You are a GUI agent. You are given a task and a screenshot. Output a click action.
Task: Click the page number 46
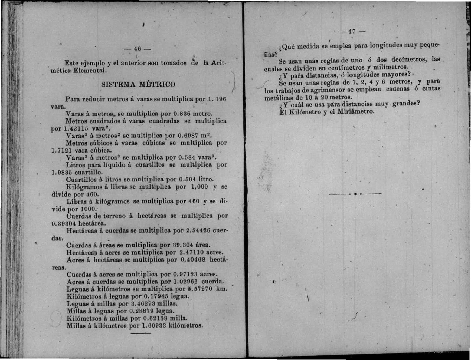click(137, 49)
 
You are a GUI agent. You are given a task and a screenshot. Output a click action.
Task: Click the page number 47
click(352, 31)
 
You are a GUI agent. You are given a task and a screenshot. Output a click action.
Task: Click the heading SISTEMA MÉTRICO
click(138, 84)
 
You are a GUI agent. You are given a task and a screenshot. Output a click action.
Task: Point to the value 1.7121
click(61, 150)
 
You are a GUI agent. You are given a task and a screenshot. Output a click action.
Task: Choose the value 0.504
click(188, 179)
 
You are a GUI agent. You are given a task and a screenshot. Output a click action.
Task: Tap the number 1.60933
click(154, 325)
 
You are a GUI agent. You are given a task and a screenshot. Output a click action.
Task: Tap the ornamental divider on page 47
click(355, 194)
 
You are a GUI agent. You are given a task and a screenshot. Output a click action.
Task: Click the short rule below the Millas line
click(141, 333)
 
